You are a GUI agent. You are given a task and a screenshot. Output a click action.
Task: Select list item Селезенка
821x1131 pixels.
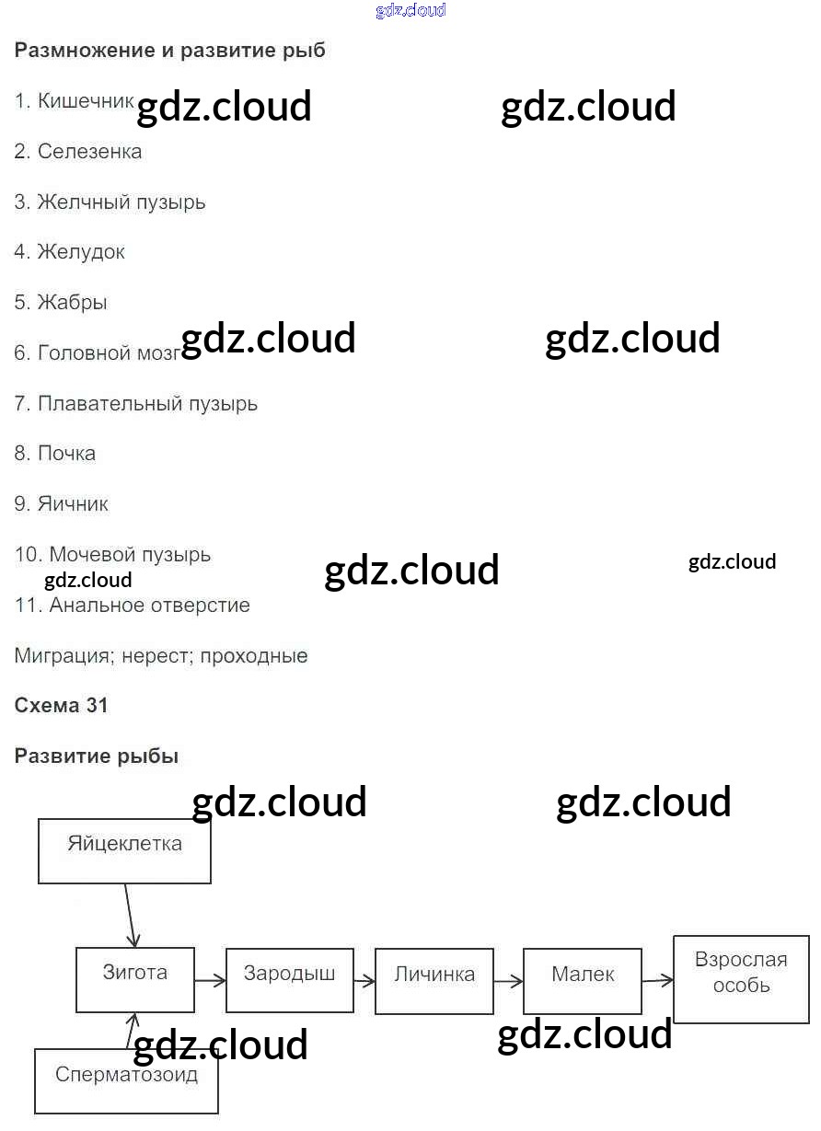89,151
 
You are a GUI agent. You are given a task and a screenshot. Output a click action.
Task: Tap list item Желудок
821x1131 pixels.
81,252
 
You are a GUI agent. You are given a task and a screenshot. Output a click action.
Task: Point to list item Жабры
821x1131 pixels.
72,303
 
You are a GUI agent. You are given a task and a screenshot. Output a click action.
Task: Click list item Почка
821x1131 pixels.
66,454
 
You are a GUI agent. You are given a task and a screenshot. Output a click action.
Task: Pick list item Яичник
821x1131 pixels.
73,504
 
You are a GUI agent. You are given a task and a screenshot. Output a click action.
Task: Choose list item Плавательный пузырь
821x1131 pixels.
147,403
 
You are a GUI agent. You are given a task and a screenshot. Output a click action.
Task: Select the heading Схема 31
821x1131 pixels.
61,706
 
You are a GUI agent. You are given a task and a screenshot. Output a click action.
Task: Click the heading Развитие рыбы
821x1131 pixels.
97,756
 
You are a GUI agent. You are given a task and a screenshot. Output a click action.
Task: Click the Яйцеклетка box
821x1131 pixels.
124,850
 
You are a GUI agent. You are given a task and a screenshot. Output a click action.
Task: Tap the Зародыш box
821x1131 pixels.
289,980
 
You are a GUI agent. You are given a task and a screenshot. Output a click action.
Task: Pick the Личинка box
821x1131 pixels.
434,981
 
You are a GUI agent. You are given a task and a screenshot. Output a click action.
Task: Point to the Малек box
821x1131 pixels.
583,981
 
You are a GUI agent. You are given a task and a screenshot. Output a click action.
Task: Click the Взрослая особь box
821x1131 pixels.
741,979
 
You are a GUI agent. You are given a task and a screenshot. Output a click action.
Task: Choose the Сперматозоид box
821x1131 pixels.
126,1080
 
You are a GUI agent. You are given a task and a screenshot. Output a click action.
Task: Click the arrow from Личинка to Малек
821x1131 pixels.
508,982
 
